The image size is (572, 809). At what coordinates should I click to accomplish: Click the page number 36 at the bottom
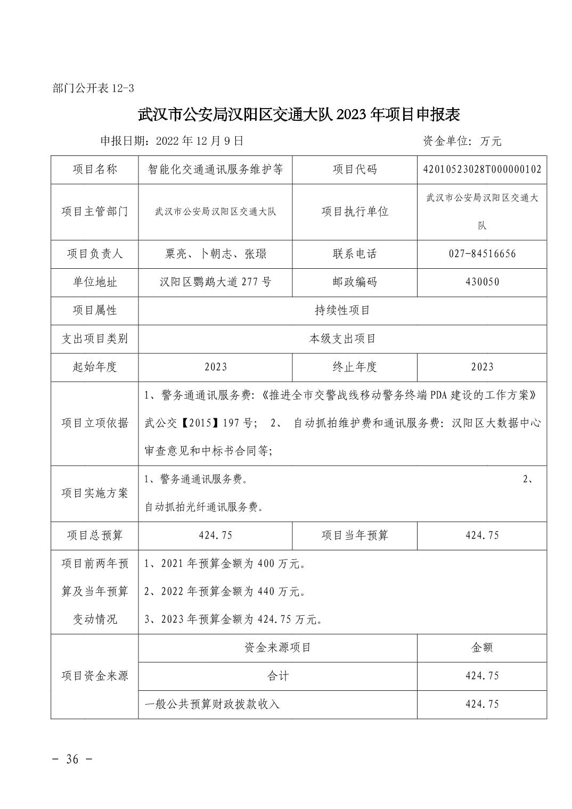(72, 758)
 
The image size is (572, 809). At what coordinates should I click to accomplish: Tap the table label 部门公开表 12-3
(93, 88)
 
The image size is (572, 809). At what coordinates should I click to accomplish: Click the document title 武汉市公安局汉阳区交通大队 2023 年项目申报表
(299, 114)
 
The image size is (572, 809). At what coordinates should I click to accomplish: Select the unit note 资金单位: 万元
(462, 141)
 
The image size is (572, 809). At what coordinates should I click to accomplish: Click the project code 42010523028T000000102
(481, 169)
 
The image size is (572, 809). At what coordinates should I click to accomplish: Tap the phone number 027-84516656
(481, 253)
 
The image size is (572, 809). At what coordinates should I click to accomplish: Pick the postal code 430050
(481, 282)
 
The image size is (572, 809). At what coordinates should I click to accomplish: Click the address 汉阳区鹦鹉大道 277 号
(215, 282)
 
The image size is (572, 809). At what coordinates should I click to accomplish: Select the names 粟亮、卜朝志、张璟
(215, 253)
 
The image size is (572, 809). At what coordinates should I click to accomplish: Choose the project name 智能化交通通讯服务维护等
(215, 169)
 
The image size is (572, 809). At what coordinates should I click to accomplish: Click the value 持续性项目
(342, 310)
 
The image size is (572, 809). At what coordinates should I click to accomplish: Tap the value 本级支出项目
(342, 339)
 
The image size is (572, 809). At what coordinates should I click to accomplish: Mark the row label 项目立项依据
(95, 423)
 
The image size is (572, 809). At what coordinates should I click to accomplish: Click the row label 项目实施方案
(95, 493)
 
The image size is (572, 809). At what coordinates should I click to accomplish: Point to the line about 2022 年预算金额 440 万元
(225, 591)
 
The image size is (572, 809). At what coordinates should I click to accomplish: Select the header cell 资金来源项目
(277, 647)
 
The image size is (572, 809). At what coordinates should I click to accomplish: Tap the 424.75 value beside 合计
(481, 675)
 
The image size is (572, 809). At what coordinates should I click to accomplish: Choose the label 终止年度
(354, 367)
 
